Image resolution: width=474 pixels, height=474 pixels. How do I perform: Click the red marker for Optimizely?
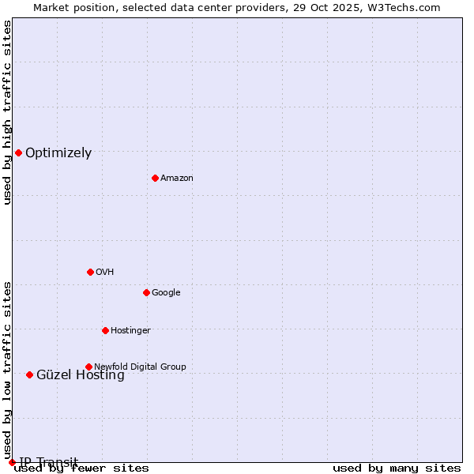[18, 152]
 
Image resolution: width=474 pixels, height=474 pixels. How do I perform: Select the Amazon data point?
[155, 178]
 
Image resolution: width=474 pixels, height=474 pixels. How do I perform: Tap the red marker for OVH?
[90, 272]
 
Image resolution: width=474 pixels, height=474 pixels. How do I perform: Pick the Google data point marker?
[146, 292]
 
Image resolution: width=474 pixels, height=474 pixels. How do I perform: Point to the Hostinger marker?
[105, 330]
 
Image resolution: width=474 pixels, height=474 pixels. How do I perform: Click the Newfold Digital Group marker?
[88, 367]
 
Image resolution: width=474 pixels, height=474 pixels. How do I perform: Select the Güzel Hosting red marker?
[29, 374]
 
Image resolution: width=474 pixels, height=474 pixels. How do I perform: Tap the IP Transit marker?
[12, 462]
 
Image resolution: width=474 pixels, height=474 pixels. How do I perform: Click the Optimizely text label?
[58, 153]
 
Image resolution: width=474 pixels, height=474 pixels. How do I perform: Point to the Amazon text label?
[177, 179]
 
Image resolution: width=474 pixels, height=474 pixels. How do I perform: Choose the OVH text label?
[105, 273]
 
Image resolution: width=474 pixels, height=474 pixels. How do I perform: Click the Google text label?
[166, 293]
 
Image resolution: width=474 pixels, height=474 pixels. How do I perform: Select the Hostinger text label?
[130, 331]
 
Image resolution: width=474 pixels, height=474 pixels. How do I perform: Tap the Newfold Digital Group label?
[140, 367]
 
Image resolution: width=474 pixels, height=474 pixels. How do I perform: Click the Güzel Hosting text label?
[81, 375]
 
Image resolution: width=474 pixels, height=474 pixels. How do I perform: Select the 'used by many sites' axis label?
[397, 468]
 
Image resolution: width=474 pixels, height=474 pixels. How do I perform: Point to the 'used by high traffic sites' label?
[8, 112]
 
